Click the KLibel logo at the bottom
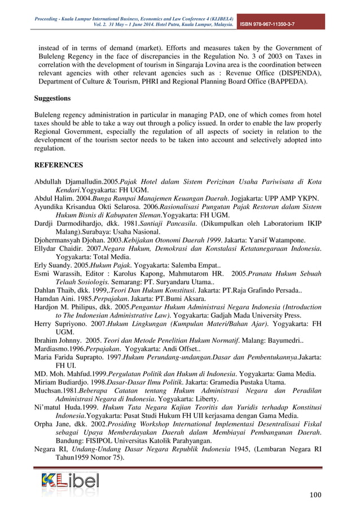pos(69,481)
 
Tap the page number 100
pos(315,496)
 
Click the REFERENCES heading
pos(59,165)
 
